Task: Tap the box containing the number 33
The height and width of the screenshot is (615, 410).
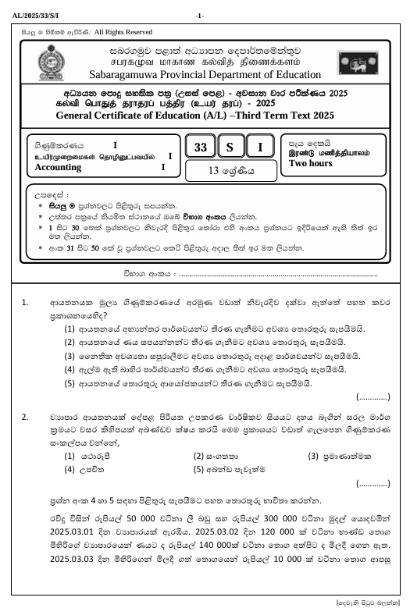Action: coord(201,148)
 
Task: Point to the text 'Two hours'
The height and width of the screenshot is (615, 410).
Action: coord(311,164)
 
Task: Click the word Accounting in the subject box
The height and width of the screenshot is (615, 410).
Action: coord(59,166)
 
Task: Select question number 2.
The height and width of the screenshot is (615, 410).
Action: coord(26,417)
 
